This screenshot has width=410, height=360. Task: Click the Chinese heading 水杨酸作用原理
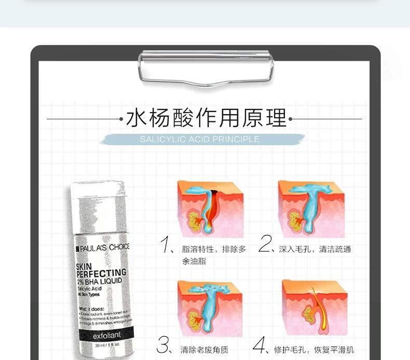(x=206, y=119)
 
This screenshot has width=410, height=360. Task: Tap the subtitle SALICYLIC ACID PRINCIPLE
(x=199, y=140)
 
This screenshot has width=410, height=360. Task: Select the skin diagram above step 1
(x=210, y=208)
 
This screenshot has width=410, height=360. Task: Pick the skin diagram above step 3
(x=210, y=308)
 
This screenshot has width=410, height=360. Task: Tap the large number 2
(x=265, y=244)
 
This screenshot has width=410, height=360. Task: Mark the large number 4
(x=260, y=344)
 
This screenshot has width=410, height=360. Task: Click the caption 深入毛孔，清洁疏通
(x=315, y=250)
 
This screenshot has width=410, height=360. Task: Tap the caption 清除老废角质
(x=204, y=350)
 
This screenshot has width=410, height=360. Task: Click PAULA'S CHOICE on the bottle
(x=102, y=247)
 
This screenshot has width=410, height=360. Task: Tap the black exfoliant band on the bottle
(x=107, y=335)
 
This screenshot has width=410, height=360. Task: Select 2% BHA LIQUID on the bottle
(x=99, y=281)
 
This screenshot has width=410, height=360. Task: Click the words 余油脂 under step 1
(x=194, y=261)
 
